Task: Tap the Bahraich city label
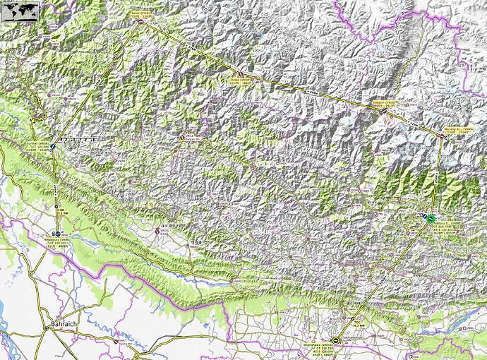(61, 324)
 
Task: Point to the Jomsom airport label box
(381, 104)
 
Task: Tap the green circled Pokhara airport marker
(429, 220)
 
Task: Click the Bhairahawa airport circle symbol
(336, 340)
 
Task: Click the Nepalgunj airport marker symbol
(57, 232)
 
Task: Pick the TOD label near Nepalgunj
(61, 210)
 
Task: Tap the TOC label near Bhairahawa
(358, 324)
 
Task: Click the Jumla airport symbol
(181, 138)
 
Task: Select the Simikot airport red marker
(140, 23)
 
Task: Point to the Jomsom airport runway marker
(383, 109)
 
